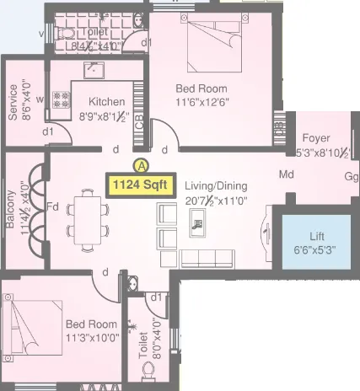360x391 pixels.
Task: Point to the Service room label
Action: tap(13, 101)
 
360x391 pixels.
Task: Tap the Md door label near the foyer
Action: tap(287, 175)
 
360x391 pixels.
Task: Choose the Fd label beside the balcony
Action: tap(52, 205)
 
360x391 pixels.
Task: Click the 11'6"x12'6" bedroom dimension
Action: tap(201, 103)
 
